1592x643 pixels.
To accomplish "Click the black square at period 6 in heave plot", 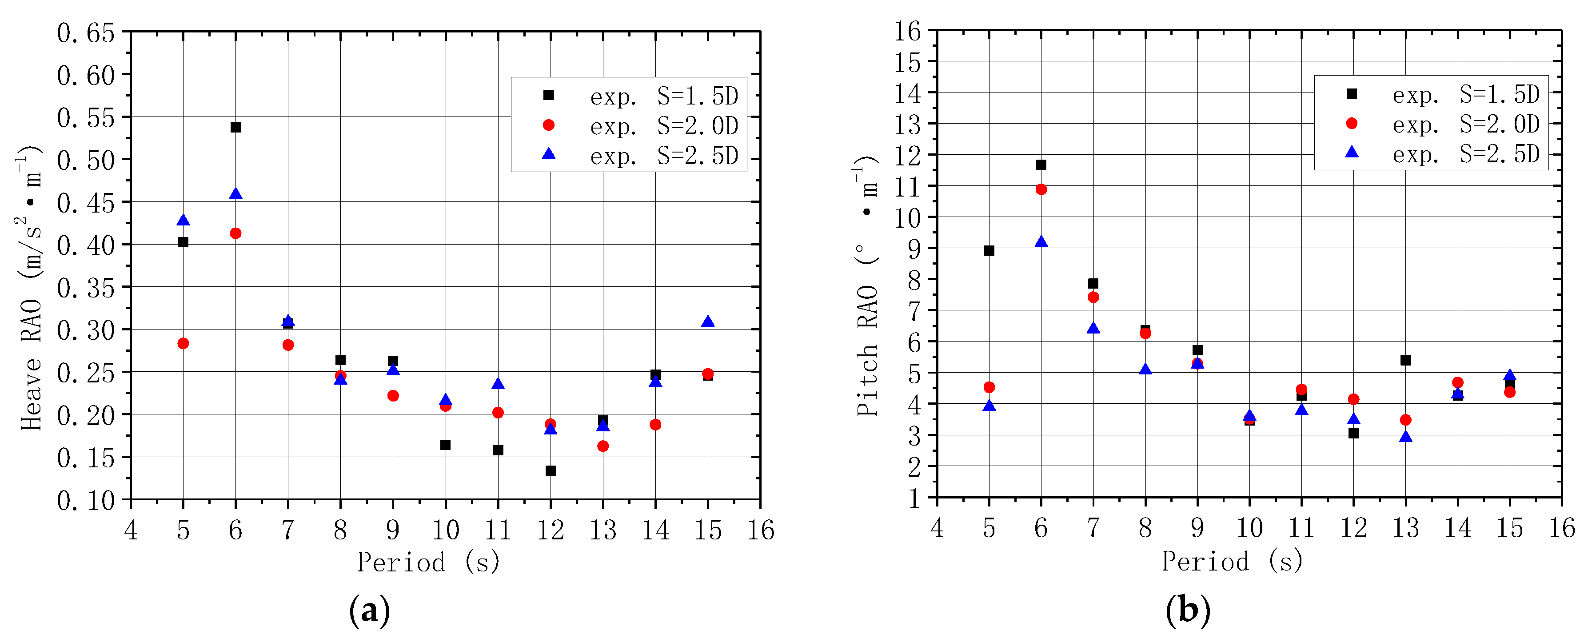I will [235, 127].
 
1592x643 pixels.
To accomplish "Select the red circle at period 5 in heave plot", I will [183, 343].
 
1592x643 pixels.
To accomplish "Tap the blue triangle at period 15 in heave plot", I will [708, 321].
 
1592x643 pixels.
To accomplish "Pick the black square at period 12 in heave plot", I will [551, 470].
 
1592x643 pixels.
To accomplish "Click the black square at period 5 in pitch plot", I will [989, 250].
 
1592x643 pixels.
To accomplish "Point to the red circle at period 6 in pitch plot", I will [1041, 189].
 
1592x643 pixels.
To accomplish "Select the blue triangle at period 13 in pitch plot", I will [1405, 437].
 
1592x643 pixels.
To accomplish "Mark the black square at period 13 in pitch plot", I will [1405, 360].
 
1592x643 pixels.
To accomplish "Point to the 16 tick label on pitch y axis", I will [907, 31].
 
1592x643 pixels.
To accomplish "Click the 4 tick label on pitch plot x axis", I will [937, 528].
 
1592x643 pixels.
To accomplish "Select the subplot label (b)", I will [1187, 610].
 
